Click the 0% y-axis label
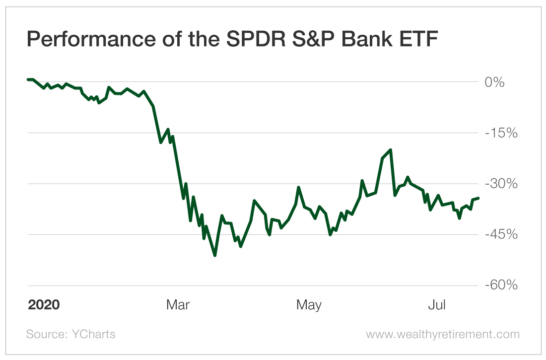[x=495, y=82]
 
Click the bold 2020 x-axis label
[x=44, y=304]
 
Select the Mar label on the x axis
[x=178, y=304]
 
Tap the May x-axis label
[x=309, y=304]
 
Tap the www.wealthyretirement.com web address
[x=443, y=334]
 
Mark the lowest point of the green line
[x=214, y=255]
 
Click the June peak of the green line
[x=391, y=149]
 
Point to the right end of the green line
[x=478, y=198]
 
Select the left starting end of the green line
[x=28, y=79]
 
